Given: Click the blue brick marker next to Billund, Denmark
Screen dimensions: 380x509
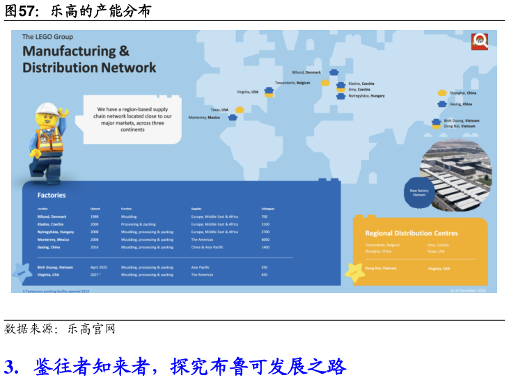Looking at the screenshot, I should click(x=334, y=72).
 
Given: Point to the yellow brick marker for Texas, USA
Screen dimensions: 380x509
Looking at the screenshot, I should click(x=240, y=109).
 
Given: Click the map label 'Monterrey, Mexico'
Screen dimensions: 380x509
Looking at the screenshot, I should click(x=204, y=118).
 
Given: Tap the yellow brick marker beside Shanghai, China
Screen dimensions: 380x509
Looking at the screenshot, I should click(x=442, y=93).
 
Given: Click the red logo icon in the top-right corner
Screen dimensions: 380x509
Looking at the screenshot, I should click(x=479, y=41).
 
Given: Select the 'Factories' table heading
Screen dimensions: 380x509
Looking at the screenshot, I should click(x=52, y=196).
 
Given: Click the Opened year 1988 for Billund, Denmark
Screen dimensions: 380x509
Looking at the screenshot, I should click(x=94, y=216).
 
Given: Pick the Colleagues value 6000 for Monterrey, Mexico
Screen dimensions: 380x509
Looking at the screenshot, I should click(x=265, y=239).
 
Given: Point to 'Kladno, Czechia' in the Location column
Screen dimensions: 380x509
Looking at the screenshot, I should click(x=50, y=224).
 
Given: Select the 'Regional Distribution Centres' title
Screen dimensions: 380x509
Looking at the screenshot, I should click(x=412, y=233).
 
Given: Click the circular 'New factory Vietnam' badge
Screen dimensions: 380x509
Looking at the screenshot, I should click(x=418, y=192).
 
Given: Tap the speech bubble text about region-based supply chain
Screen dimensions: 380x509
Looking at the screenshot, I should click(x=132, y=119).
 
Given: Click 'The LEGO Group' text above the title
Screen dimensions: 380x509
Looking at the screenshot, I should click(x=47, y=37).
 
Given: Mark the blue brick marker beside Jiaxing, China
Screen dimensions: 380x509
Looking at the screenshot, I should click(x=442, y=104).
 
